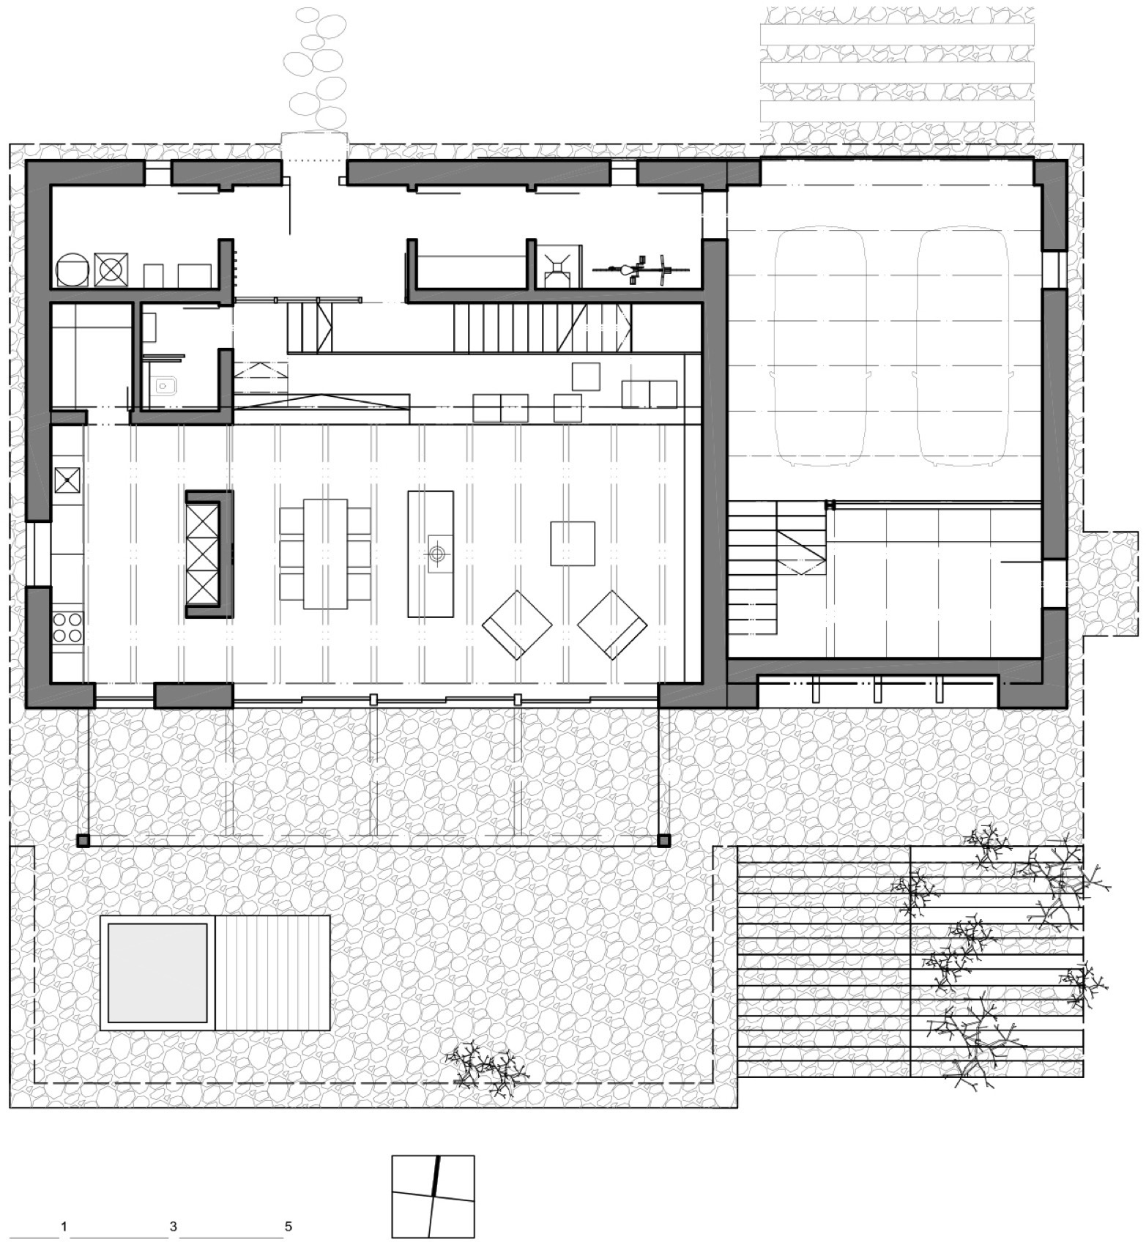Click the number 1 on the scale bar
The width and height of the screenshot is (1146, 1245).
(x=64, y=1226)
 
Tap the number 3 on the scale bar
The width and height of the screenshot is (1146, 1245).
(x=173, y=1226)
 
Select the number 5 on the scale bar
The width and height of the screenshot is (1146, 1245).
(x=289, y=1226)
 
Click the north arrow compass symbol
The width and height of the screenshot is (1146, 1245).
(x=433, y=1197)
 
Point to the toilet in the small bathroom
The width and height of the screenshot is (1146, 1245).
(x=164, y=385)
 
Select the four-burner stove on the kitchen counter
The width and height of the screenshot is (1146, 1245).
(x=67, y=627)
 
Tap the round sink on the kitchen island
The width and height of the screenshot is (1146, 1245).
(x=437, y=554)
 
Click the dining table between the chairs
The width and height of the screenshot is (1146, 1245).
(x=325, y=554)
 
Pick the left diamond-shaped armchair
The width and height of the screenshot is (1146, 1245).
(x=517, y=625)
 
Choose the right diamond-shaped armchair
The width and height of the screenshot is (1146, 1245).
(x=612, y=625)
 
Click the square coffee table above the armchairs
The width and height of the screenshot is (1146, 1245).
(x=573, y=543)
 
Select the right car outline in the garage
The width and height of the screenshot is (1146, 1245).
(x=961, y=348)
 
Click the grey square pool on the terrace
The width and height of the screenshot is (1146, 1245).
(x=157, y=973)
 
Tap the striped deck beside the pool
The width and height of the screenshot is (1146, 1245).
(x=272, y=973)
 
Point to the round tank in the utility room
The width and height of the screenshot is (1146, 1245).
(x=74, y=270)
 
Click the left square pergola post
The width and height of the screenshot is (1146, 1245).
(x=83, y=841)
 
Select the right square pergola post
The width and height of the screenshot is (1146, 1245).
(x=663, y=841)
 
